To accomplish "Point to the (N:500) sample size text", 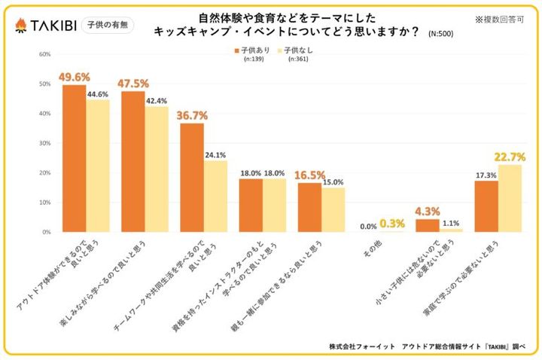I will (x=440, y=34).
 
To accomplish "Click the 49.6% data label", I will (x=75, y=76).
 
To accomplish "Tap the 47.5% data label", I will (x=133, y=82).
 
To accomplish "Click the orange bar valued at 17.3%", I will (x=486, y=206).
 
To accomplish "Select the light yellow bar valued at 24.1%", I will (x=215, y=197).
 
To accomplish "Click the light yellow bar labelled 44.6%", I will (x=97, y=166).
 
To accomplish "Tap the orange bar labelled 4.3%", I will (x=427, y=225).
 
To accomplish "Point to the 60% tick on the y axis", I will (x=44, y=54).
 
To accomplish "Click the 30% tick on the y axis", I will (x=44, y=143).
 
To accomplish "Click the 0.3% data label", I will (x=392, y=223).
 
